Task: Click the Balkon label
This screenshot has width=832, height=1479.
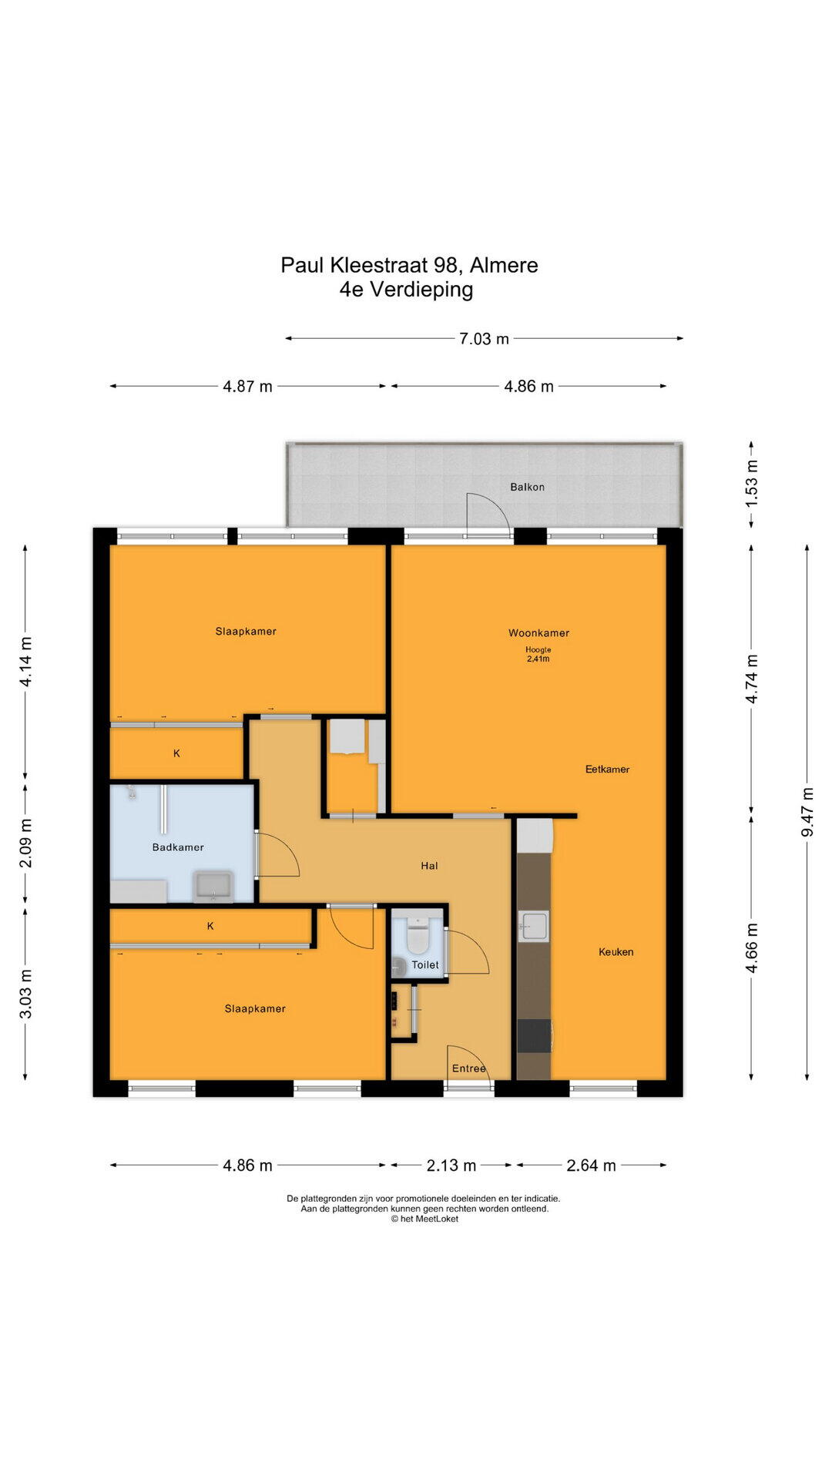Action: pyautogui.click(x=527, y=487)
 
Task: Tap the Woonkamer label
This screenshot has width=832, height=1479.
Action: pyautogui.click(x=538, y=633)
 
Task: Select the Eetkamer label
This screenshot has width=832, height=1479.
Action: pyautogui.click(x=607, y=769)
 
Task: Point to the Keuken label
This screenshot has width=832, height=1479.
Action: pyautogui.click(x=616, y=952)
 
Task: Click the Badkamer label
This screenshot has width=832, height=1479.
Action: pyautogui.click(x=178, y=847)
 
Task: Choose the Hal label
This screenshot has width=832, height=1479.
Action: pyautogui.click(x=429, y=866)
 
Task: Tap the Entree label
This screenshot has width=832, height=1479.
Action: pyautogui.click(x=469, y=1068)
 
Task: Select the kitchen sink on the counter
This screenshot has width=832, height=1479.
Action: pyautogui.click(x=534, y=926)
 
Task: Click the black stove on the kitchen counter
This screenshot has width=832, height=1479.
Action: pyautogui.click(x=534, y=1035)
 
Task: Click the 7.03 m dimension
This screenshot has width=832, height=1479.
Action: pyautogui.click(x=484, y=339)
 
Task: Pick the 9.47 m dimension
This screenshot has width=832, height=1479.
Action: pyautogui.click(x=807, y=812)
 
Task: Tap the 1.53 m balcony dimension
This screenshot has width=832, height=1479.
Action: pyautogui.click(x=752, y=482)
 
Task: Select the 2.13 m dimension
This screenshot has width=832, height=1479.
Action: pyautogui.click(x=451, y=1165)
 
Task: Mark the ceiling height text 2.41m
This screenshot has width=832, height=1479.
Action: pyautogui.click(x=538, y=659)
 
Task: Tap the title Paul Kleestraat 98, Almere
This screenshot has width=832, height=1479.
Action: pyautogui.click(x=409, y=265)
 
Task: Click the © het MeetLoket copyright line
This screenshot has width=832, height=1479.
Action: pyautogui.click(x=424, y=1219)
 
